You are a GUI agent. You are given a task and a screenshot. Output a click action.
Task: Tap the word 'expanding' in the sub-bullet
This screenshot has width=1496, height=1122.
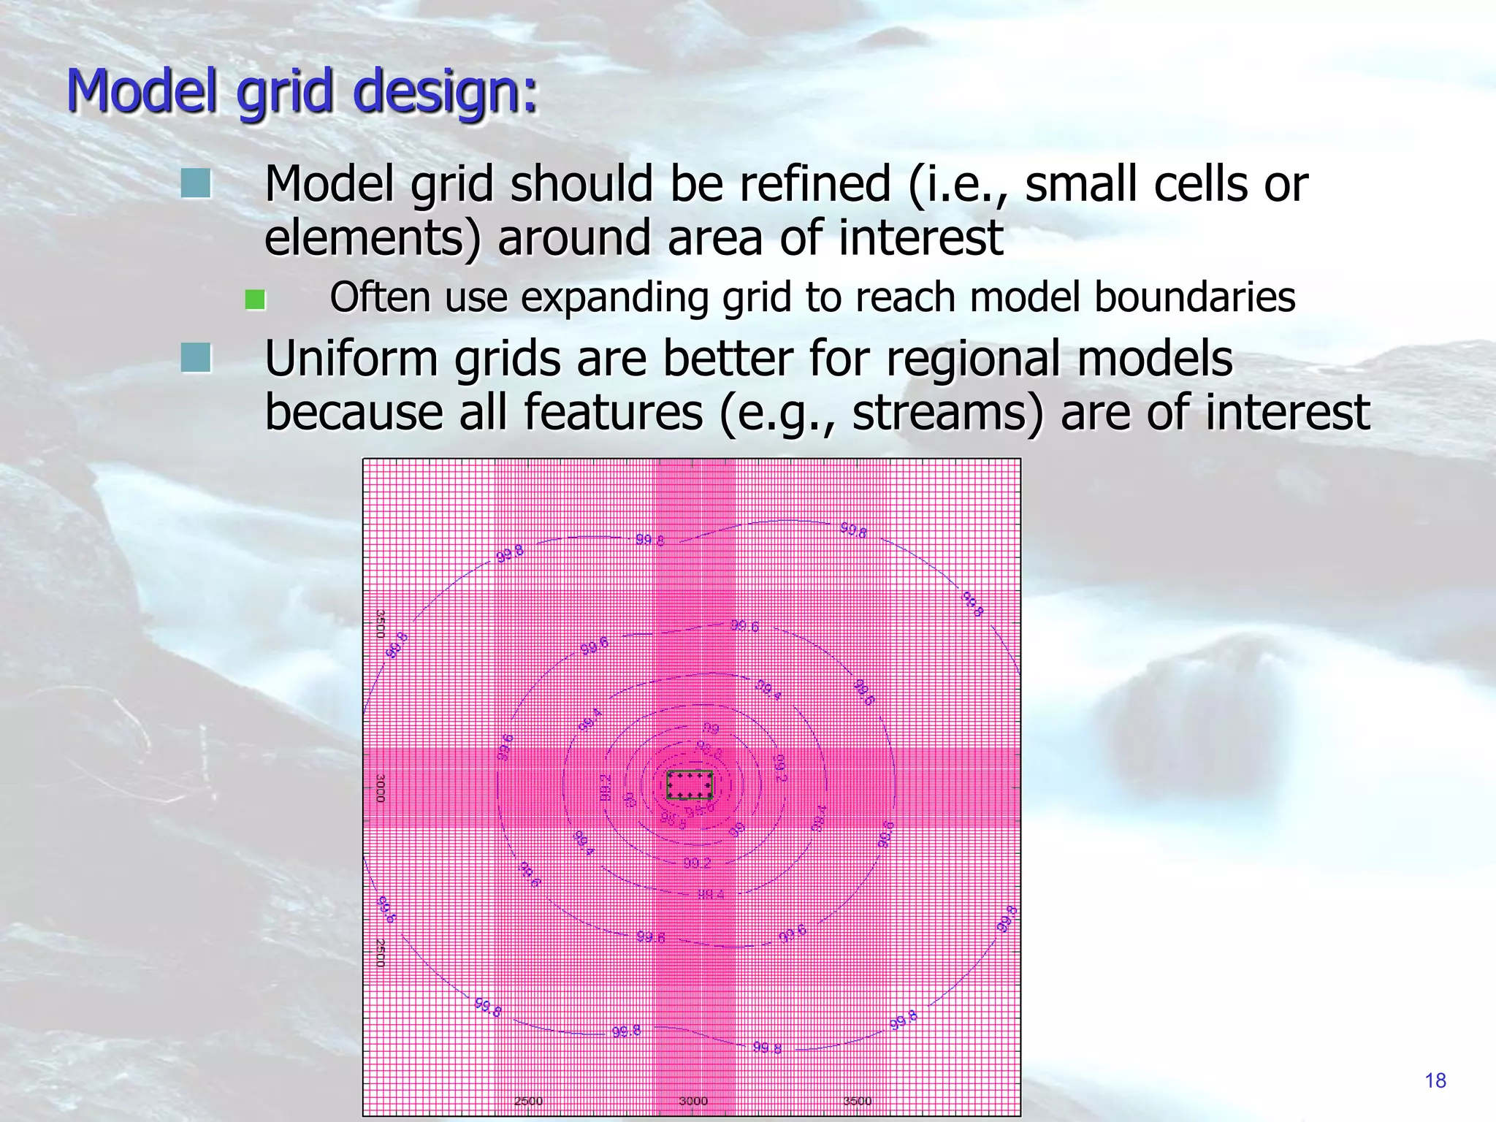614,298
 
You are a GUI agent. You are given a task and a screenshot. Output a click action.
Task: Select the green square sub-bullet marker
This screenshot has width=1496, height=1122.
255,299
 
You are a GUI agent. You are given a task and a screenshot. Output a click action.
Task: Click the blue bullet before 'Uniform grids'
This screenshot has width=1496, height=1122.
196,358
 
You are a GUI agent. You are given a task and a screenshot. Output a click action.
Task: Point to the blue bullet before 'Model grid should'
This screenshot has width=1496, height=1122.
196,183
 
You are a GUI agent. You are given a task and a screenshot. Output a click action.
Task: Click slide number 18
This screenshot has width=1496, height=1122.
1435,1081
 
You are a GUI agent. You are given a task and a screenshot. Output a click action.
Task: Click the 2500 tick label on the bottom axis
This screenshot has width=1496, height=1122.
528,1101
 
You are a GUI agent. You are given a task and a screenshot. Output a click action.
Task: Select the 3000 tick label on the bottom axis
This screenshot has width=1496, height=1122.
692,1101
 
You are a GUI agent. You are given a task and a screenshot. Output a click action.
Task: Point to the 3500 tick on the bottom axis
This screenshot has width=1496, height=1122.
858,1101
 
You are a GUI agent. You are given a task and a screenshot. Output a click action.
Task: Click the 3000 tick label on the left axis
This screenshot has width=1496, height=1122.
380,789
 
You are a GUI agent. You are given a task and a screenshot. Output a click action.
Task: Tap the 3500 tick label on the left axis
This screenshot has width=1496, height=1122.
380,624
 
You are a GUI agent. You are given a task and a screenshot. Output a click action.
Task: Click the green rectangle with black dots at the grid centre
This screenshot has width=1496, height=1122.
690,785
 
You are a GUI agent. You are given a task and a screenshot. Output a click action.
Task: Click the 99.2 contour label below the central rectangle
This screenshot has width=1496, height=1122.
697,863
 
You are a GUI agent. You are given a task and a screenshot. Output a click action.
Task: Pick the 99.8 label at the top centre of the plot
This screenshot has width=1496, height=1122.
649,541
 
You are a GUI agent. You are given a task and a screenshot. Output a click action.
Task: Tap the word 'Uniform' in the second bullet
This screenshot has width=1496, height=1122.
351,359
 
